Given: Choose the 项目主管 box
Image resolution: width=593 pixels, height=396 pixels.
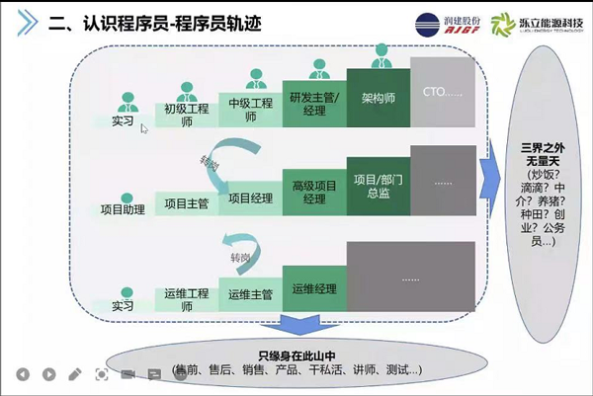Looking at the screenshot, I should click(185, 203).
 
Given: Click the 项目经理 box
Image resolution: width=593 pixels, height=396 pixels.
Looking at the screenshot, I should click(249, 198).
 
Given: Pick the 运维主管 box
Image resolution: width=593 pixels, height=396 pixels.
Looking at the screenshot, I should click(249, 294).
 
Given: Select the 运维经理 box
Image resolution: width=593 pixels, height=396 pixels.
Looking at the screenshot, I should click(313, 288).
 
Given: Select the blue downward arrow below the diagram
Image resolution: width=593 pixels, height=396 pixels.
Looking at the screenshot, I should click(296, 325).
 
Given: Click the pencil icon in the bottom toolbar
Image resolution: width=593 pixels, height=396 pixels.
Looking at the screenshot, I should click(75, 374).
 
